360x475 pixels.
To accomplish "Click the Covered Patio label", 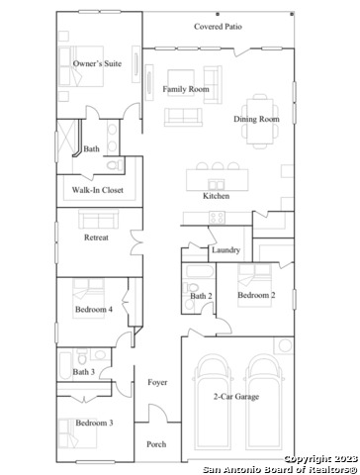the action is click(218, 27).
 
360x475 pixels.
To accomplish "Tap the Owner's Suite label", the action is click(97, 63).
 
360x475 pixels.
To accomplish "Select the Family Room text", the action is click(186, 89).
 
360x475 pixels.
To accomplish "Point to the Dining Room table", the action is click(260, 121).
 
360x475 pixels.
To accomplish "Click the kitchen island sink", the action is click(217, 184).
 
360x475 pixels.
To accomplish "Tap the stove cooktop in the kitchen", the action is click(218, 218).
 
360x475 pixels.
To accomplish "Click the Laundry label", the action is click(225, 249).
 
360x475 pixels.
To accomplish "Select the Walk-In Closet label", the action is click(98, 190).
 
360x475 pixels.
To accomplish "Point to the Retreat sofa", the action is click(99, 220).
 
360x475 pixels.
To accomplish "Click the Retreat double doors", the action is click(137, 242).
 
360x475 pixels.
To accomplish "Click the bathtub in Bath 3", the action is click(65, 365).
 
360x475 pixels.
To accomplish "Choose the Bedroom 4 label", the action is click(94, 309).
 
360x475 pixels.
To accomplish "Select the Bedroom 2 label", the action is click(256, 295).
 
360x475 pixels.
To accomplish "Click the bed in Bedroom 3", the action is click(78, 433).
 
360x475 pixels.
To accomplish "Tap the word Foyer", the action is click(157, 382).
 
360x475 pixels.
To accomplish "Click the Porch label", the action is click(156, 444).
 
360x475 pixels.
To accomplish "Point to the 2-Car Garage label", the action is click(236, 397).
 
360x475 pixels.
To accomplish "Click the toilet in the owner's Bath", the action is click(115, 164).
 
